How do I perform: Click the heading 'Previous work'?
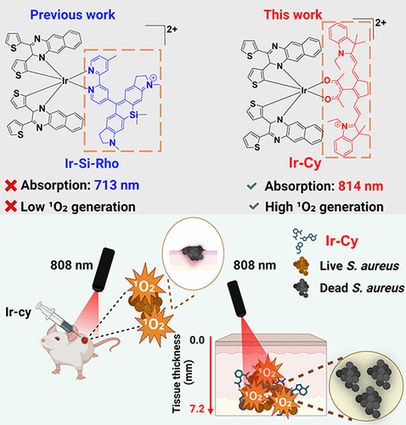[x=72, y=14]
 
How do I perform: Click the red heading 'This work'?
[x=293, y=14]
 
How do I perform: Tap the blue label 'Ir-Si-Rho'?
[x=92, y=163]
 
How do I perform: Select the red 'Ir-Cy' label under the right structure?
[x=305, y=163]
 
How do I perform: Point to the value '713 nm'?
[x=116, y=185]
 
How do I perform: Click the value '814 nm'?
[x=361, y=186]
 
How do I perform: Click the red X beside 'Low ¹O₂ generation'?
[x=11, y=207]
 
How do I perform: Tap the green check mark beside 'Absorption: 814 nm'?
[x=251, y=186]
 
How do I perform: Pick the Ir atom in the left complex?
[x=65, y=82]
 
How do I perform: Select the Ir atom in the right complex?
[x=304, y=91]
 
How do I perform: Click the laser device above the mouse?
[x=104, y=269]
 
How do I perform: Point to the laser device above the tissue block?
[x=237, y=298]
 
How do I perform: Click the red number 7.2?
[x=197, y=409]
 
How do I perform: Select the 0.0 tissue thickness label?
[x=197, y=340]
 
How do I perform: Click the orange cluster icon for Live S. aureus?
[x=302, y=266]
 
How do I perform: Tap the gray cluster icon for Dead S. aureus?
[x=302, y=288]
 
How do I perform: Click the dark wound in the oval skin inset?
[x=194, y=253]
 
